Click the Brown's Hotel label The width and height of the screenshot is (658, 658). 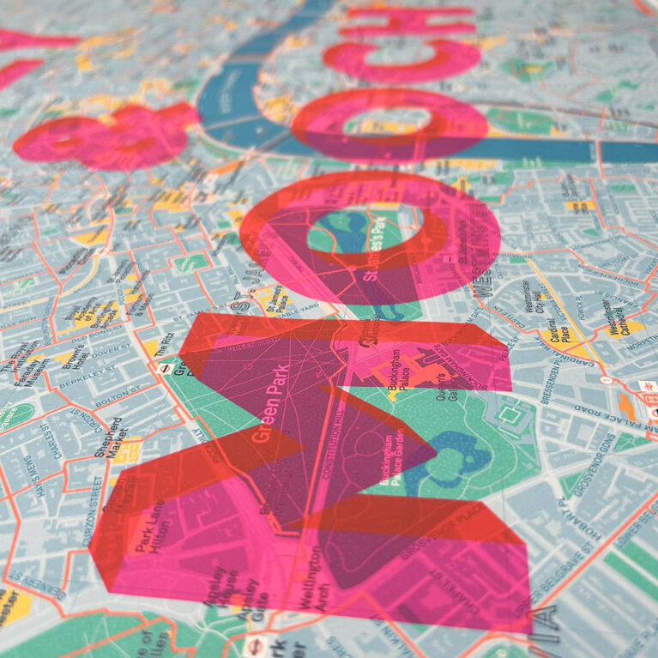[76, 352]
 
